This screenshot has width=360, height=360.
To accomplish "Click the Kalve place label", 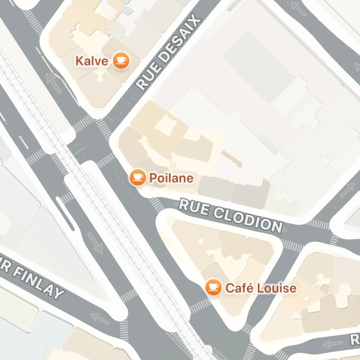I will [91, 61].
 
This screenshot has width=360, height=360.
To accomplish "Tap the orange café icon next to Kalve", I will [121, 60].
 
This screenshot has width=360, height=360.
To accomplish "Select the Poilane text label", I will [171, 178].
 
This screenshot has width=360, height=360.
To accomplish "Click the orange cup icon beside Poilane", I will [138, 177].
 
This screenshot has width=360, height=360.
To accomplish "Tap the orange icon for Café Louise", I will [212, 288].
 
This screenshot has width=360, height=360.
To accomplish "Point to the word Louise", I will [276, 289].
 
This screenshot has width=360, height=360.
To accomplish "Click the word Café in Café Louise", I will [239, 289].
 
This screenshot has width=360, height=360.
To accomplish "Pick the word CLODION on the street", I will [248, 219].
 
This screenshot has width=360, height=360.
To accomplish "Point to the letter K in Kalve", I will [79, 61].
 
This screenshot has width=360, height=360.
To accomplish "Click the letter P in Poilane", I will [152, 178].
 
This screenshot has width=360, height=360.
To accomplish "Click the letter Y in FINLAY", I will [58, 293].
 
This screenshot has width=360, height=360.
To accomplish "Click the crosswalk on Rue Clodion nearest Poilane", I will [157, 204].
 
